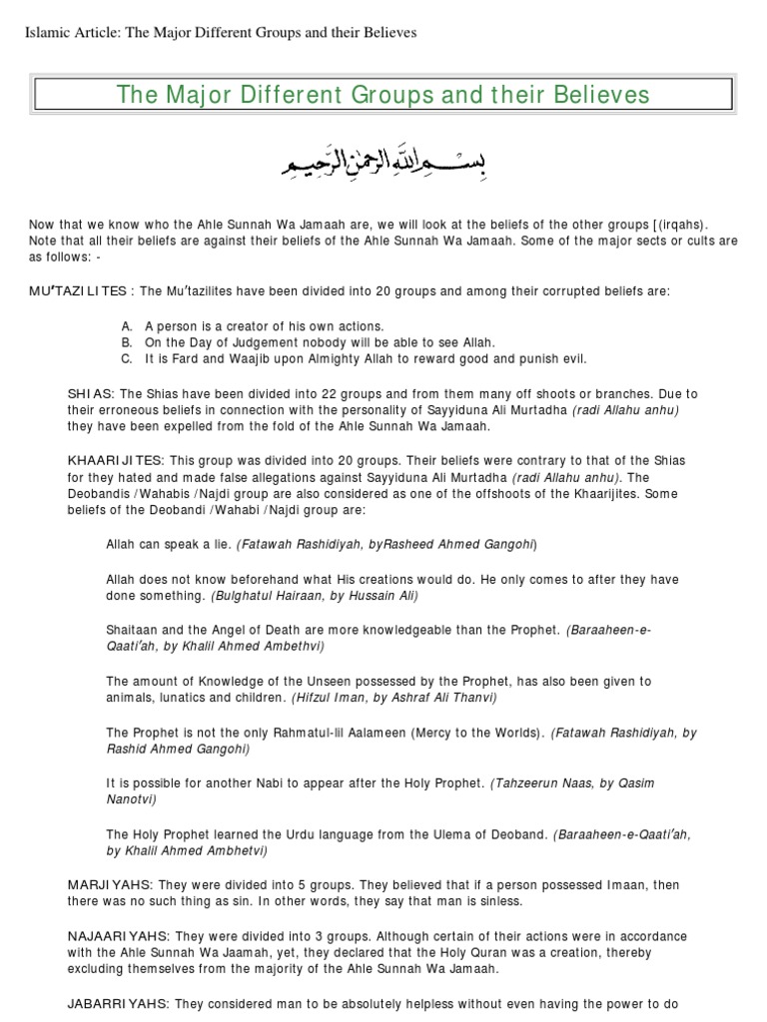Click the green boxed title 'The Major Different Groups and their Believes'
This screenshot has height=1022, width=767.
coord(383,95)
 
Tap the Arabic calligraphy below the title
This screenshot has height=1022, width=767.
coord(383,160)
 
